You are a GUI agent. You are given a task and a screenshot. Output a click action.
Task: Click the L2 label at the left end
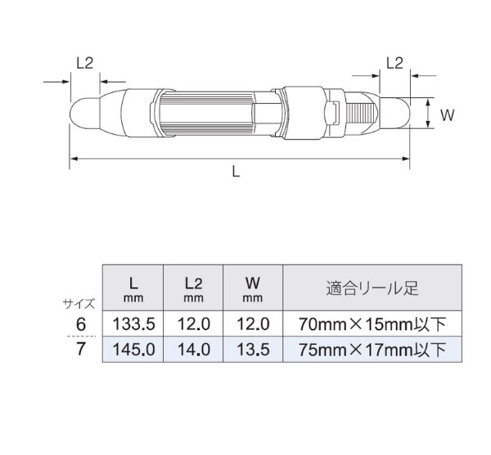85,64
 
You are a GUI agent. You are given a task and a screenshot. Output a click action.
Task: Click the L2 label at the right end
394,64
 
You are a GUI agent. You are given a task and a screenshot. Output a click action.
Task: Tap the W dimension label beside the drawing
447,115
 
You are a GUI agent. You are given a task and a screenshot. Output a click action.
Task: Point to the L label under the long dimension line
236,172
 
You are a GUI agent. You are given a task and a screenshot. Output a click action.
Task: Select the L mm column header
133,289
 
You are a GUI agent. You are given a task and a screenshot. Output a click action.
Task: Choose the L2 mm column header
193,289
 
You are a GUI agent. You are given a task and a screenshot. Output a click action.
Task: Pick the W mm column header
252,289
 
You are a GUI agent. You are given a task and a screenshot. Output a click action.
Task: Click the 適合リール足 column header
372,288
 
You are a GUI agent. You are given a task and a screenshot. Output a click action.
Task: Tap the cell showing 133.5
133,324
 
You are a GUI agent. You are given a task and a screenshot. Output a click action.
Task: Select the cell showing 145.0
133,350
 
